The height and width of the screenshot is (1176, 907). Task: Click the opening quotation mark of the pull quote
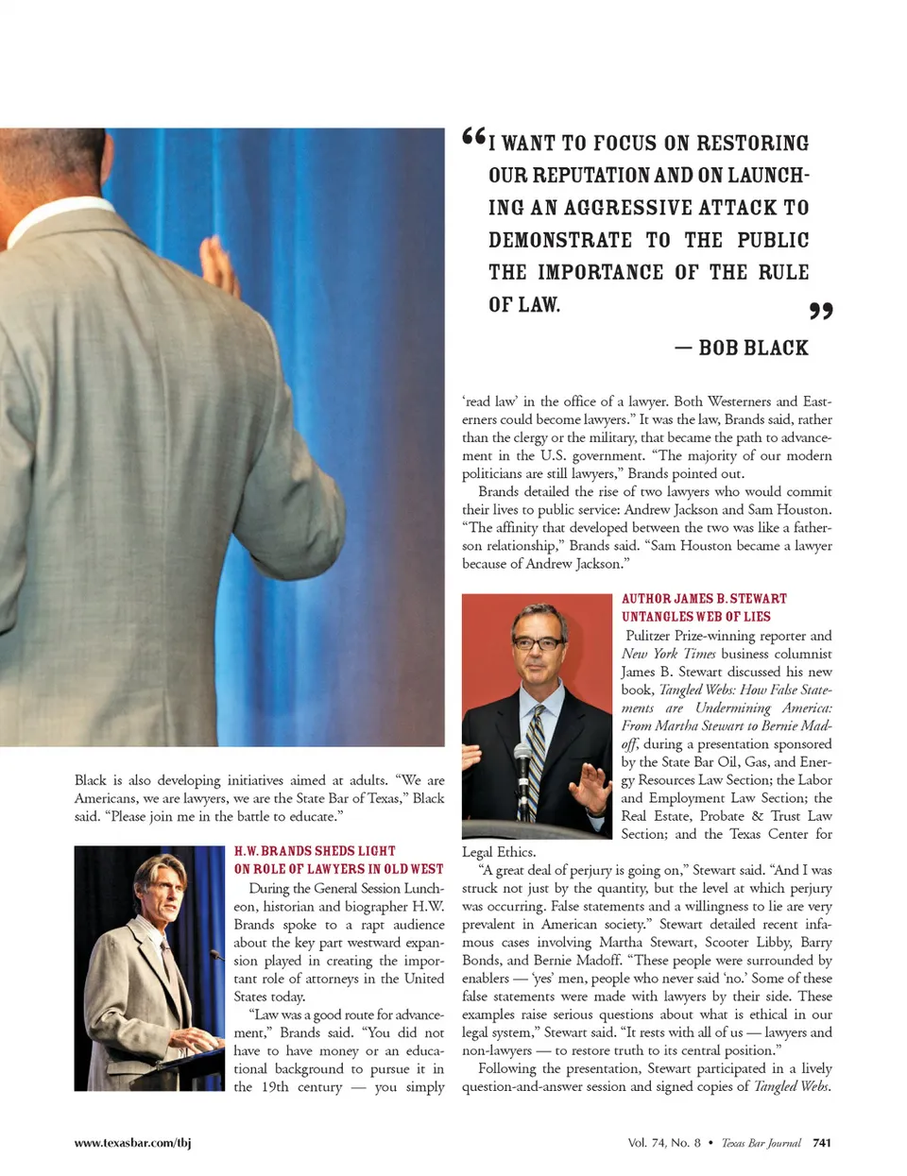(x=473, y=138)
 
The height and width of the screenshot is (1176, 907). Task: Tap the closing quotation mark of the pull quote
(x=821, y=311)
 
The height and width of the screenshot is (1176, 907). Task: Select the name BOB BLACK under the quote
(x=753, y=348)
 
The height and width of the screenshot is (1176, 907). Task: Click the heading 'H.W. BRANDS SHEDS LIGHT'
(x=315, y=851)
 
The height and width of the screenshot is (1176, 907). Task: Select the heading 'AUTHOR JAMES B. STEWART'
(x=704, y=599)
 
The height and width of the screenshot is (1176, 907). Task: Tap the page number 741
(x=822, y=1143)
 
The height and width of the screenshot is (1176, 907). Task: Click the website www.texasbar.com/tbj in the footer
(x=132, y=1143)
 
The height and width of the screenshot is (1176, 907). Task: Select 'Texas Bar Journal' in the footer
(x=761, y=1143)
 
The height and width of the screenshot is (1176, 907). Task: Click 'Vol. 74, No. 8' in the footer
(x=664, y=1143)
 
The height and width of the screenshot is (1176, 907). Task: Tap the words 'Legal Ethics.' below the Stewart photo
(x=498, y=852)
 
